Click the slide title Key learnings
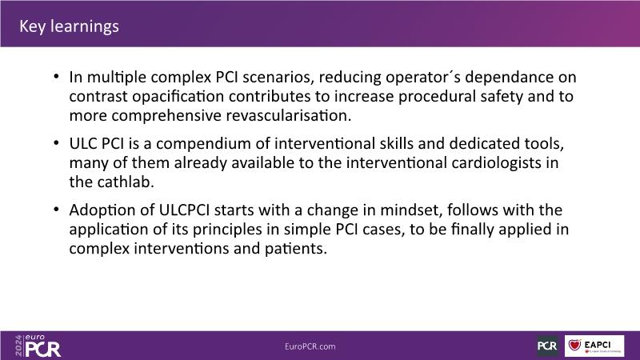[69, 26]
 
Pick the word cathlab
[126, 182]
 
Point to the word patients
[296, 249]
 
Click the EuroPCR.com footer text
[310, 346]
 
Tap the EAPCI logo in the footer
[594, 346]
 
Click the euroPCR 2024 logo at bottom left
[38, 346]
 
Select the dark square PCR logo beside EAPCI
[548, 346]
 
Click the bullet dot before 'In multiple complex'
[56, 76]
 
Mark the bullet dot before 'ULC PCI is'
[56, 143]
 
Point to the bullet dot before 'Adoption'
[56, 210]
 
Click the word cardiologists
[496, 163]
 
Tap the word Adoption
[106, 210]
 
